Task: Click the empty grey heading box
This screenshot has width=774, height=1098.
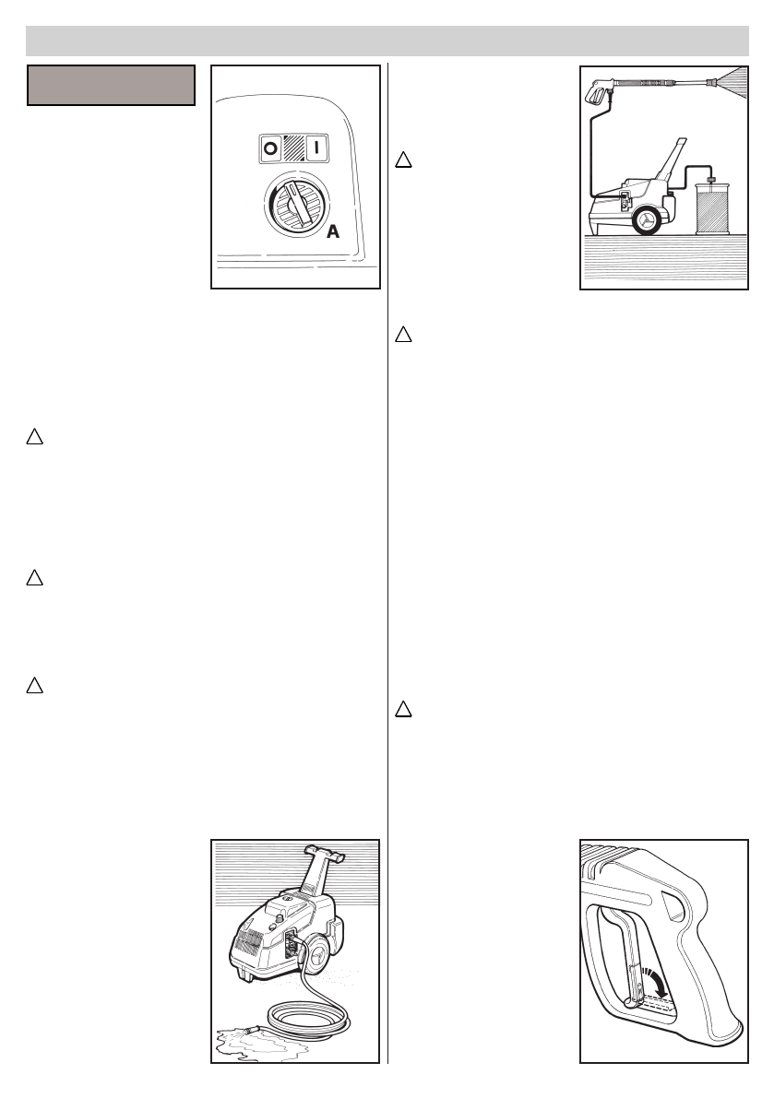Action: click(x=111, y=85)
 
